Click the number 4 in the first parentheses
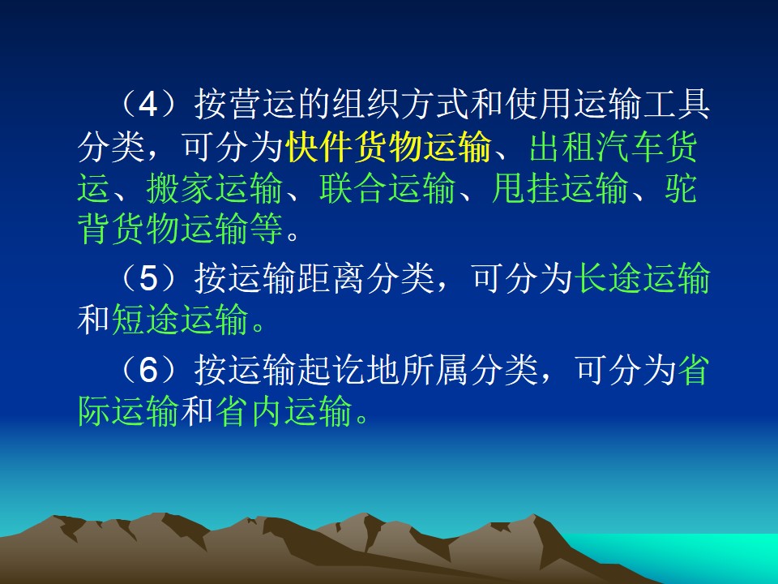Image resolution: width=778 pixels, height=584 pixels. (147, 105)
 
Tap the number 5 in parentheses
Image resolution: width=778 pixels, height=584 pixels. (147, 278)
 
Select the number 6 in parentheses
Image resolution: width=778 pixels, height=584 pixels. (147, 371)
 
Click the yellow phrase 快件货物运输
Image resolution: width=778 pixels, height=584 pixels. (388, 147)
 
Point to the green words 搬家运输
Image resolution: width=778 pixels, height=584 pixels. (214, 189)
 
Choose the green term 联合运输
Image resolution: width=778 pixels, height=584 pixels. (387, 189)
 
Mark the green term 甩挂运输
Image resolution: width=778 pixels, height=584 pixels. (560, 189)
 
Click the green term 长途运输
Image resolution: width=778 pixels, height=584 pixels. (643, 278)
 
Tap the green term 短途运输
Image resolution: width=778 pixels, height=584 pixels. (180, 320)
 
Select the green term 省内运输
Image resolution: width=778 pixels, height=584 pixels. (284, 411)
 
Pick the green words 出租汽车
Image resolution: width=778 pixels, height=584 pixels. (596, 147)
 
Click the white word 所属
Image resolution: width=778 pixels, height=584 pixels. (434, 371)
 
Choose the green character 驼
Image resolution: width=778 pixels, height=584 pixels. (681, 189)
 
